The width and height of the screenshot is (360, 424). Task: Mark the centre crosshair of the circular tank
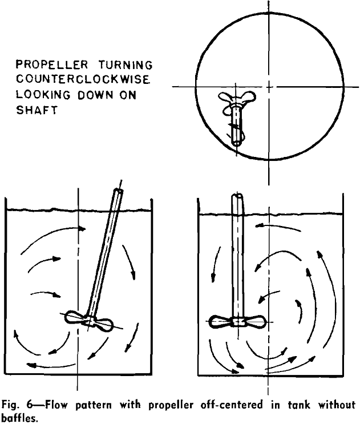pyautogui.click(x=268, y=87)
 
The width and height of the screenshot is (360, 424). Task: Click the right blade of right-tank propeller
pyautogui.click(x=256, y=322)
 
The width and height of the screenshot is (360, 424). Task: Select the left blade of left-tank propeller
pyautogui.click(x=74, y=316)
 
